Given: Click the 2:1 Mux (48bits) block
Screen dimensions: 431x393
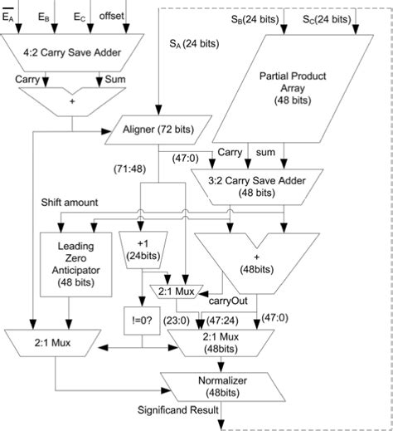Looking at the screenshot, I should [223, 343].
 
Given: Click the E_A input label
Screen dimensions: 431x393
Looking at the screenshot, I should [9, 16].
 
